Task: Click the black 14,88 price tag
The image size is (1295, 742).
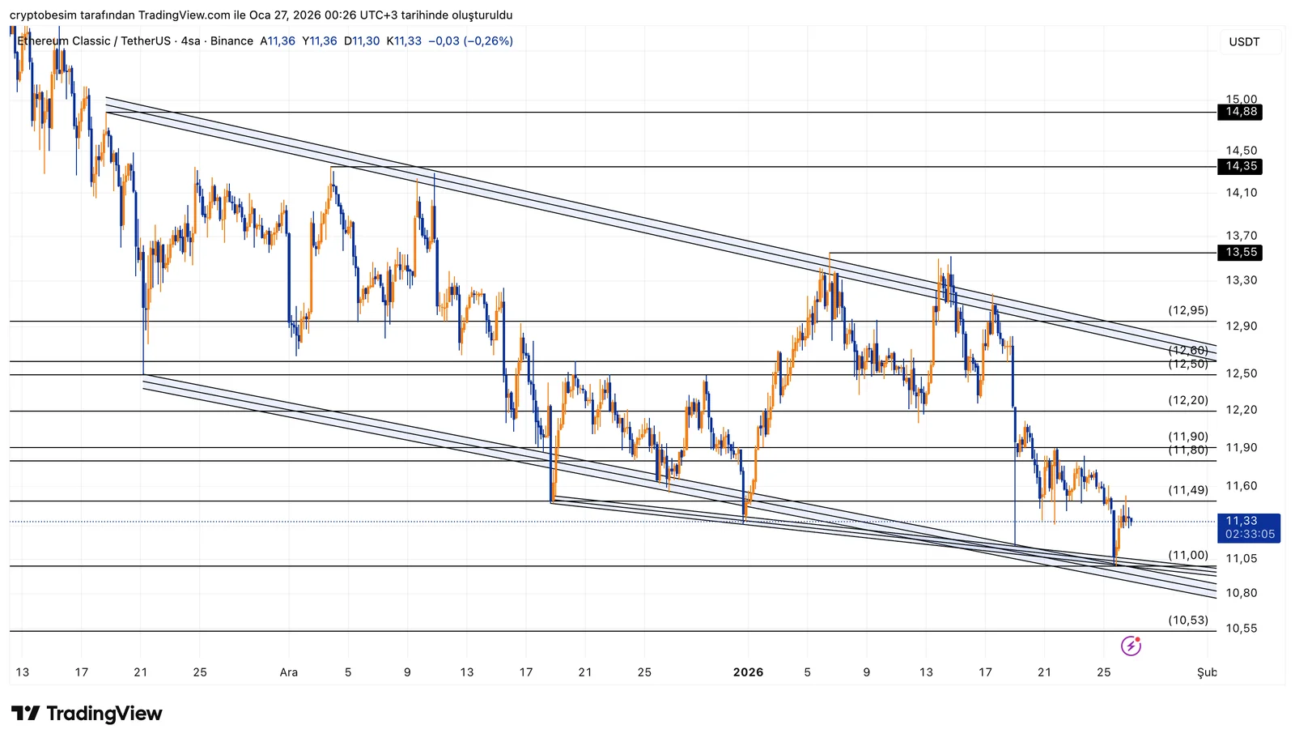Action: click(1239, 112)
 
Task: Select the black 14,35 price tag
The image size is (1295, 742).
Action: click(1239, 166)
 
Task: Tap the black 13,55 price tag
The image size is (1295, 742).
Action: click(1239, 253)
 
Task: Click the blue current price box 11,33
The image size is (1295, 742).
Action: click(1248, 527)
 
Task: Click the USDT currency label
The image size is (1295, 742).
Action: click(1244, 42)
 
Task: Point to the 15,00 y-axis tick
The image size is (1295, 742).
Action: click(1241, 99)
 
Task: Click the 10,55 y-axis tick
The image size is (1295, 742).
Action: click(1241, 629)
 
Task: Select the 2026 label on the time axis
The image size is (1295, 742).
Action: click(748, 672)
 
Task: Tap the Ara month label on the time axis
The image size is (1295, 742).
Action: click(289, 672)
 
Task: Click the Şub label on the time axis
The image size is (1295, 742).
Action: click(1207, 672)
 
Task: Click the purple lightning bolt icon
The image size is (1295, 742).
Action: click(1131, 646)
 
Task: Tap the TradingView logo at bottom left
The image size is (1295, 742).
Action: click(87, 714)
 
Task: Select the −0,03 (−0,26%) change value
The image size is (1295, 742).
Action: click(470, 41)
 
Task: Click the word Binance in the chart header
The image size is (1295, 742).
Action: click(231, 41)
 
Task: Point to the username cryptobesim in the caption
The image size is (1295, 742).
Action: click(43, 15)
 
